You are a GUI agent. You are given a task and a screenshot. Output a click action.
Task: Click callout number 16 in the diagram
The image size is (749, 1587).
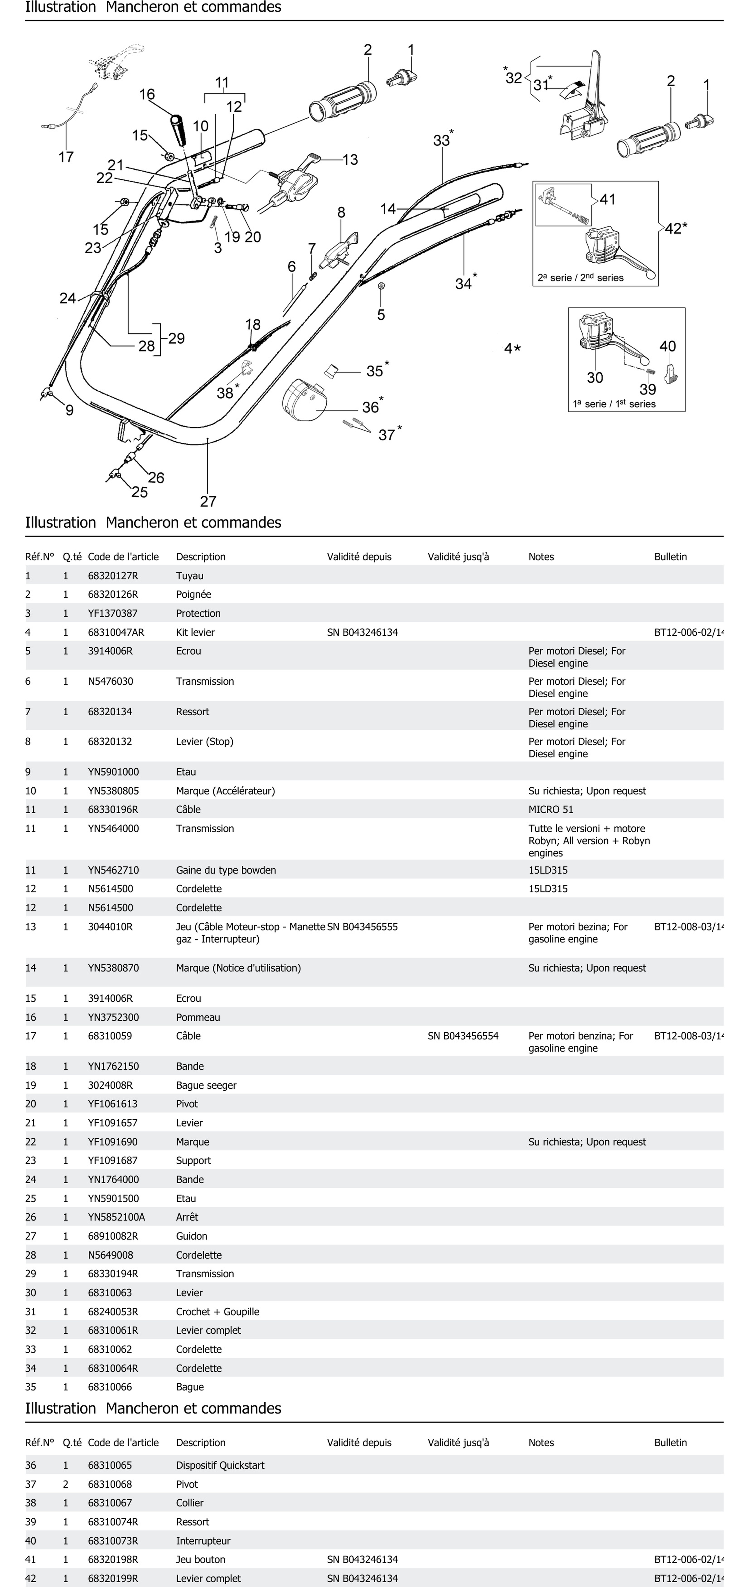click(x=147, y=94)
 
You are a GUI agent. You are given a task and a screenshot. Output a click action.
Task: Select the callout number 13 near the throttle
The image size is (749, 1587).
click(x=350, y=160)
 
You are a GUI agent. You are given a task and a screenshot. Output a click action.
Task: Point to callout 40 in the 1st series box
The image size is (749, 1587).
click(x=668, y=346)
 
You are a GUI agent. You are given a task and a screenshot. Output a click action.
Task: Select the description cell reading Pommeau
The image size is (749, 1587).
click(x=198, y=1017)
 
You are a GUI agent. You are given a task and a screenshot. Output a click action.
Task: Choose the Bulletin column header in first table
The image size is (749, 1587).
click(x=670, y=556)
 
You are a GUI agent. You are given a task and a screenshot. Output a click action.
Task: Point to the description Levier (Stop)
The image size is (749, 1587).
click(x=205, y=741)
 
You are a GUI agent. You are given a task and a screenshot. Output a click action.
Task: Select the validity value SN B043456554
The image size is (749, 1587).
click(x=463, y=1036)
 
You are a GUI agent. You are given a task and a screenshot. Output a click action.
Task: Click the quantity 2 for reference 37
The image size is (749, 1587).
click(x=65, y=1484)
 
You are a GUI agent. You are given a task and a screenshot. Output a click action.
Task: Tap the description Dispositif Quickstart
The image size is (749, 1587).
click(x=220, y=1465)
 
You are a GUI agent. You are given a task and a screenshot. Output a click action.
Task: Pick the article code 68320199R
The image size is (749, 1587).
click(x=113, y=1578)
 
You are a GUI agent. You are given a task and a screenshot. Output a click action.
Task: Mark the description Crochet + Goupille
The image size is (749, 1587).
click(x=218, y=1312)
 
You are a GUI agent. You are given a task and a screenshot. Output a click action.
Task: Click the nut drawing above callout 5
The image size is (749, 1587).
click(x=381, y=286)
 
